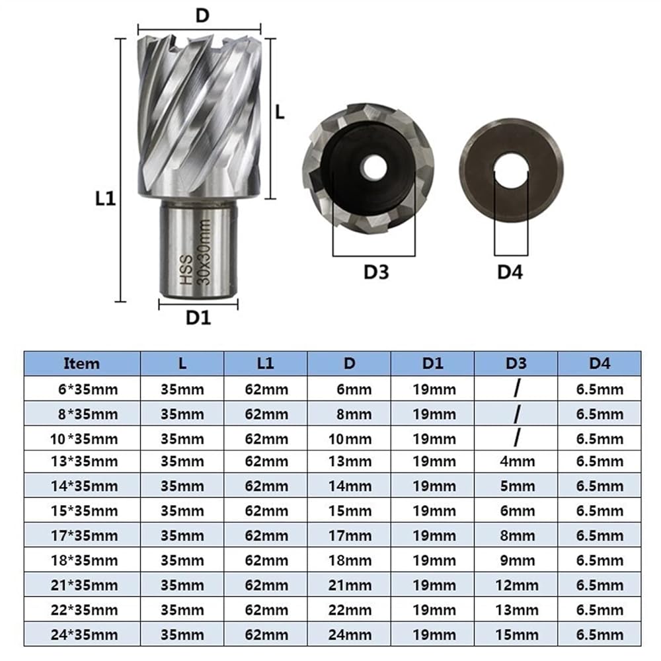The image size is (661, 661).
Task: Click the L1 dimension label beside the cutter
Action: pos(105,198)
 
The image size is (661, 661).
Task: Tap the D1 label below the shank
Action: pos(198,317)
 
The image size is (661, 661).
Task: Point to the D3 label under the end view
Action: pos(376,272)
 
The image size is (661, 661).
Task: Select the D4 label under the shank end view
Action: pos(510,272)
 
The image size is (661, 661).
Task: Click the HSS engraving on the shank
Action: pos(186,270)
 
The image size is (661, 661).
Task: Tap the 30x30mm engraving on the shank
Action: pos(204,252)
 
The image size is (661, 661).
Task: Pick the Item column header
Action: pos(81,364)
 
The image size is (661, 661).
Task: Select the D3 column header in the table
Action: pos(516,364)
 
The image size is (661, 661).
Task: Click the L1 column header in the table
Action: pos(265,364)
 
